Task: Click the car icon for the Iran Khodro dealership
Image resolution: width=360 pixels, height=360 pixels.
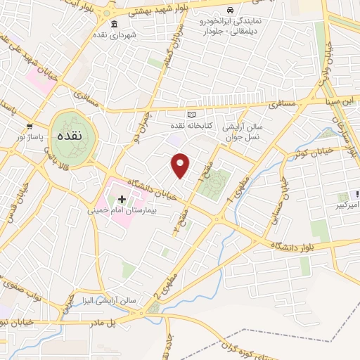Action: (231, 11)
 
